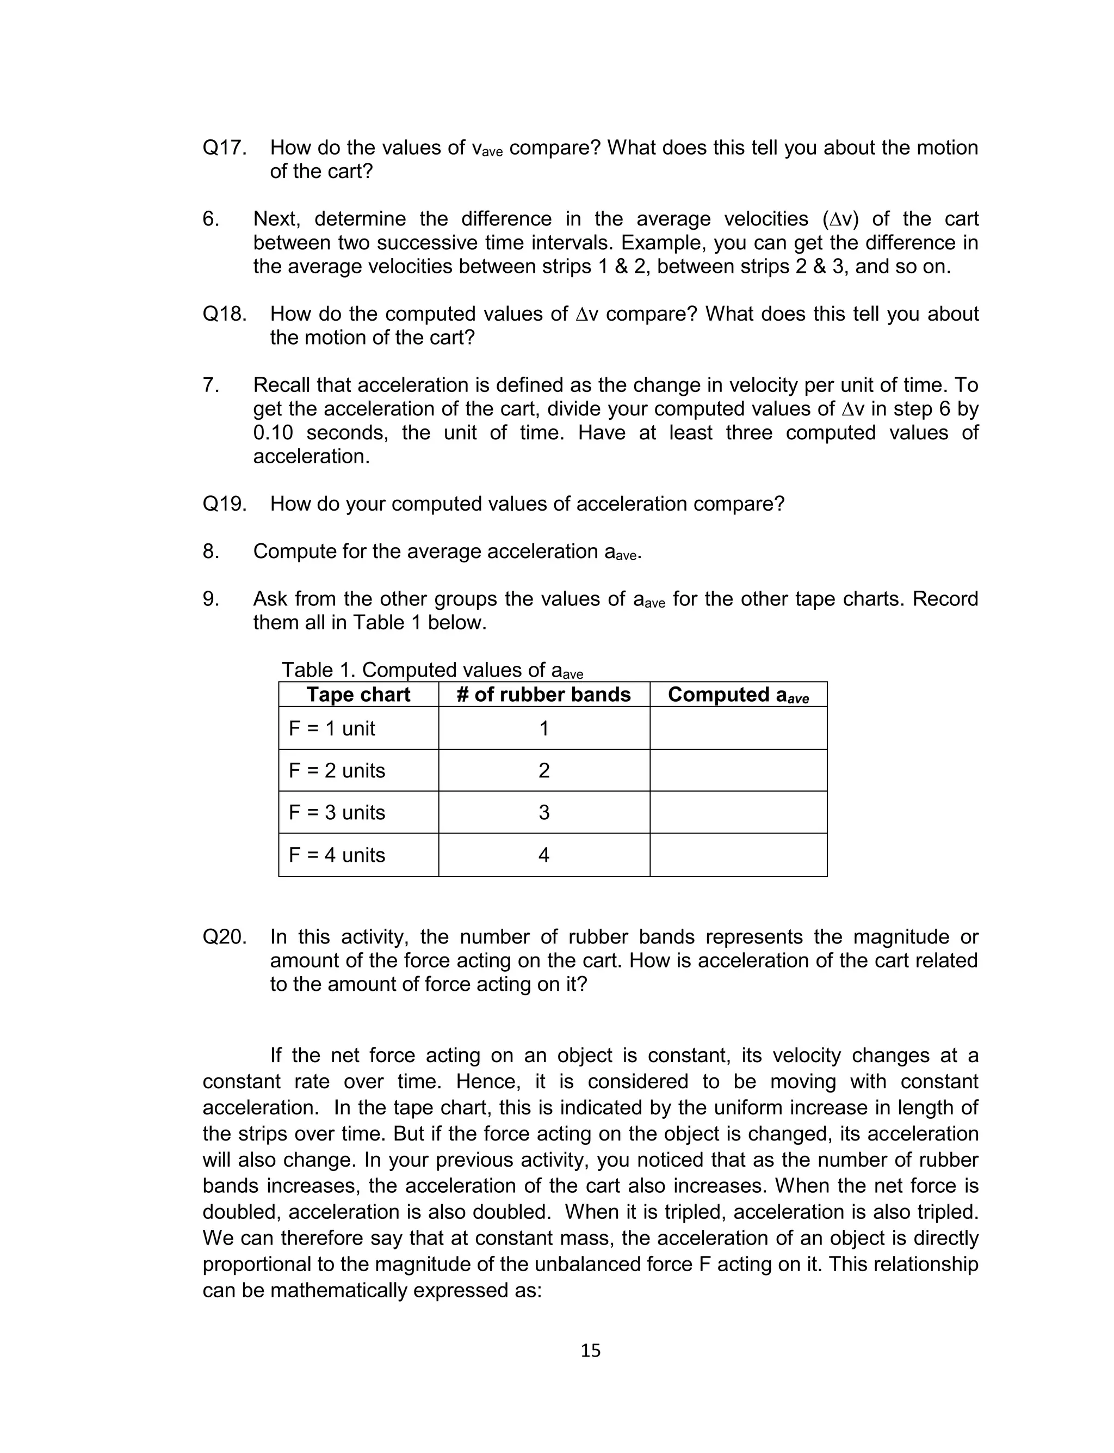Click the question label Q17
pos(224,148)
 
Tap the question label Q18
pos(224,314)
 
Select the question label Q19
pos(224,504)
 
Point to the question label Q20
pos(224,937)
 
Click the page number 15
pos(590,1350)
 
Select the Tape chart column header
pos(358,695)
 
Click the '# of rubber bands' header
pos(544,695)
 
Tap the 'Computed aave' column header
pos(738,695)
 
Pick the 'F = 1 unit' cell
pos(332,728)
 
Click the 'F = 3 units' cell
pos(337,813)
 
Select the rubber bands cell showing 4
pos(544,855)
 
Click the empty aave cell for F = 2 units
pos(738,770)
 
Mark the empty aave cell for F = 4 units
pos(738,855)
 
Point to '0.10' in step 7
pos(273,433)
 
